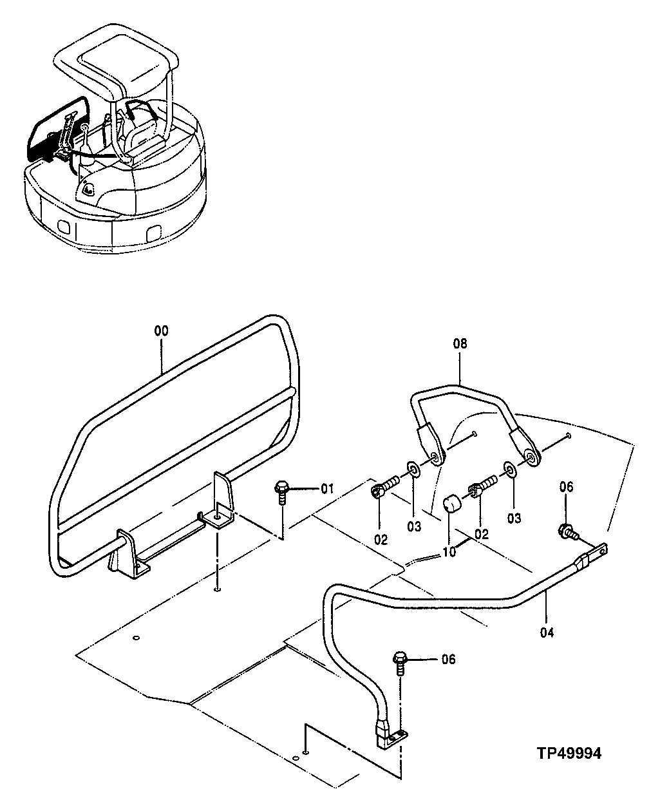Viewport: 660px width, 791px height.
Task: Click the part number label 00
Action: click(161, 331)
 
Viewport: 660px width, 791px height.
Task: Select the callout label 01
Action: click(327, 489)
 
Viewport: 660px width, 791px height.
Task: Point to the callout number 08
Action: click(460, 344)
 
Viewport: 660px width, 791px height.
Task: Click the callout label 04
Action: click(547, 633)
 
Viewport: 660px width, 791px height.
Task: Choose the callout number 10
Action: click(449, 553)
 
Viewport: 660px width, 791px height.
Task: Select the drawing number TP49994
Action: click(569, 754)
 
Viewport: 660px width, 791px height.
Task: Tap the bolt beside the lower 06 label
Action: click(400, 662)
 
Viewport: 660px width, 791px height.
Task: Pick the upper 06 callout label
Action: click(565, 488)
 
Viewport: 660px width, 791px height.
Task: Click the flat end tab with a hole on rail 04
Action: click(599, 550)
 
